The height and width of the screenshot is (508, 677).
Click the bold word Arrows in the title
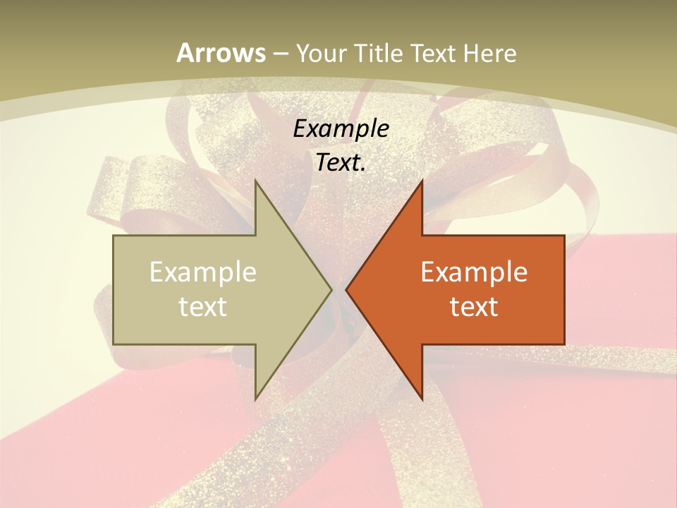[x=221, y=53]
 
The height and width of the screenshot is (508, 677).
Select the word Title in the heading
[x=379, y=53]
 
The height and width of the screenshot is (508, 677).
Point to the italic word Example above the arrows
[x=341, y=128]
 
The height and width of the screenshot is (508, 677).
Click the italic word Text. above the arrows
[x=341, y=162]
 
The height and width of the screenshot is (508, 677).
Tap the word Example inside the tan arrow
[x=203, y=272]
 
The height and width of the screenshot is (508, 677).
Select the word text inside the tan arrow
[x=203, y=306]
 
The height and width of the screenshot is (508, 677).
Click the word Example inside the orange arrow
[x=474, y=272]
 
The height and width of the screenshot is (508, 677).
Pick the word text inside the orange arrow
[x=474, y=306]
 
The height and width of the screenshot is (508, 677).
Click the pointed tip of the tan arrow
[x=331, y=289]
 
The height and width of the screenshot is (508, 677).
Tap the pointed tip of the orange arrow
[x=347, y=289]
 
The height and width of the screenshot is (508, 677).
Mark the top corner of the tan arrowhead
[x=256, y=181]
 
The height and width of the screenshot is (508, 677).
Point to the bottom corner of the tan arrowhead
[x=256, y=399]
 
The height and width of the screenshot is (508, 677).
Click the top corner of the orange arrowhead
[x=421, y=181]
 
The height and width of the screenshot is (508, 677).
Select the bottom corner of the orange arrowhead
[x=421, y=399]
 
